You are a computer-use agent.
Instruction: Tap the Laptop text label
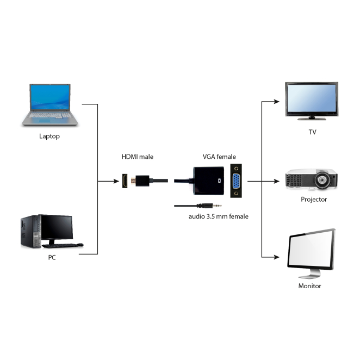pyautogui.click(x=49, y=136)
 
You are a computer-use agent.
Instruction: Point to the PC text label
pyautogui.click(x=51, y=257)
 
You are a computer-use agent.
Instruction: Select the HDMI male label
pyautogui.click(x=137, y=157)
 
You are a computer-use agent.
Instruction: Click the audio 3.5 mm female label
pyautogui.click(x=218, y=216)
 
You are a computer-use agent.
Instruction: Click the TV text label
pyautogui.click(x=312, y=132)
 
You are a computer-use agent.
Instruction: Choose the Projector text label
pyautogui.click(x=314, y=199)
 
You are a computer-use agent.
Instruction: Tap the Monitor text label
pyautogui.click(x=310, y=285)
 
